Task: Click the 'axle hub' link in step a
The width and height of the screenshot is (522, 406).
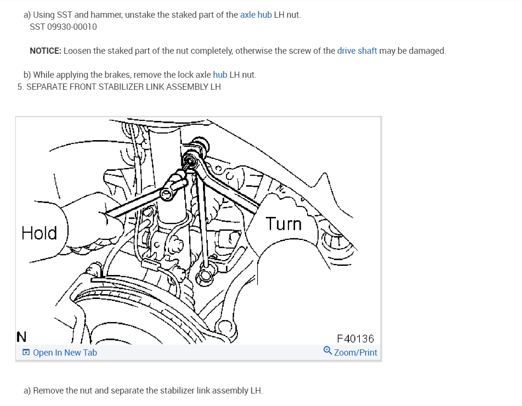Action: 256,14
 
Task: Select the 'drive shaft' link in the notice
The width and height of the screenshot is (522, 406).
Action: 357,50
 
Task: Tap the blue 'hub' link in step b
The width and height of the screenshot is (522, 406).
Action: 220,75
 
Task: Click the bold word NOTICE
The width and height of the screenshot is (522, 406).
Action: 45,50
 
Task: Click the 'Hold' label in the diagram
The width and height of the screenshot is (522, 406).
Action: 39,233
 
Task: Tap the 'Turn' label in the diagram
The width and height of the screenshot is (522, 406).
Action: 284,224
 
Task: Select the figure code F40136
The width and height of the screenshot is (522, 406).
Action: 356,339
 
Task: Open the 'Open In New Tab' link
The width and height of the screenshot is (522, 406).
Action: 65,353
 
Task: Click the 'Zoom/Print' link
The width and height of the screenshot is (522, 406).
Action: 356,353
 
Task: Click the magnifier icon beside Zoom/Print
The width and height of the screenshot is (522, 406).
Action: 328,351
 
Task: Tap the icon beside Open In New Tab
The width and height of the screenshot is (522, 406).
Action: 26,353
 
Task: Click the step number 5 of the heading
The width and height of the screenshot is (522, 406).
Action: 20,87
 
